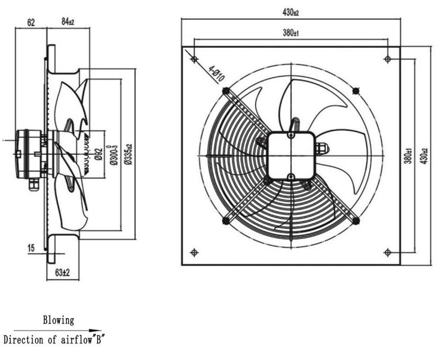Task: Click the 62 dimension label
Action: [31, 23]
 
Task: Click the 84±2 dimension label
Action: [68, 23]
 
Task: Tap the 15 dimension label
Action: [31, 248]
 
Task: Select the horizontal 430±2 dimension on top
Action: [290, 12]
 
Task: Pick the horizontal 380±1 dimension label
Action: [291, 33]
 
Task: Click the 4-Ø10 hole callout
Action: [216, 74]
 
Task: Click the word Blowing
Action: [58, 320]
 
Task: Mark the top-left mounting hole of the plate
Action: [194, 58]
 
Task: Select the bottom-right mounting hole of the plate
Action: [387, 252]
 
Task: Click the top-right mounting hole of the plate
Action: [387, 58]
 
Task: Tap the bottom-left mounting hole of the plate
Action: [194, 252]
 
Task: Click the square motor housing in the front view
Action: [291, 155]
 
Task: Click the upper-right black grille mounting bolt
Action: [356, 90]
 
